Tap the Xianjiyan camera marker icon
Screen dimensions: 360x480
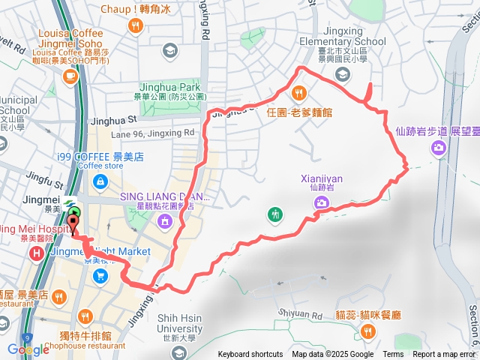pyautogui.click(x=321, y=202)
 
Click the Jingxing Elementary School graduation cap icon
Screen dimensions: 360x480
pyautogui.click(x=343, y=73)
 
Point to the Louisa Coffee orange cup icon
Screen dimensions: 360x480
pyautogui.click(x=70, y=76)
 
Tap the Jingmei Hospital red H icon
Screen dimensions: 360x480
pyautogui.click(x=36, y=255)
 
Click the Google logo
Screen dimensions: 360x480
pyautogui.click(x=28, y=349)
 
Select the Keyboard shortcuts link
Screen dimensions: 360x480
pyautogui.click(x=251, y=355)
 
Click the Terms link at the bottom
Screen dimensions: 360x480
pyautogui.click(x=393, y=355)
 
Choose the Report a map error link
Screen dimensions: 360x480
pyautogui.click(x=445, y=355)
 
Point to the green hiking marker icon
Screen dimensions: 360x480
pyautogui.click(x=275, y=215)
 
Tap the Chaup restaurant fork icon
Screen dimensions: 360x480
pyautogui.click(x=136, y=25)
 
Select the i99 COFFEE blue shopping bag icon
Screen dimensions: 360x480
pyautogui.click(x=100, y=181)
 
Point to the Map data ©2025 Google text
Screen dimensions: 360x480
pyautogui.click(x=333, y=355)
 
